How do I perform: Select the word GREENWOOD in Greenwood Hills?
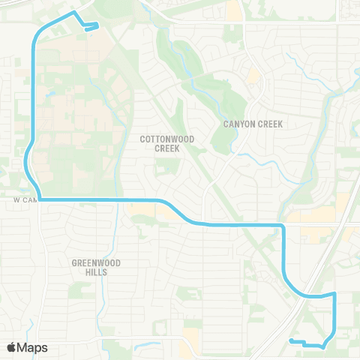[x=96, y=263]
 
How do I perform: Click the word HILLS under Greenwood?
[x=96, y=272]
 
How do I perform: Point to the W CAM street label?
[x=25, y=201]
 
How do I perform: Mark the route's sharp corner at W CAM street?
[x=39, y=199]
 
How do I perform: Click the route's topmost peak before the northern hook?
[x=73, y=13]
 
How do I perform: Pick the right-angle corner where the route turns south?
[x=283, y=225]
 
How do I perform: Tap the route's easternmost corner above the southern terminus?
[x=334, y=295]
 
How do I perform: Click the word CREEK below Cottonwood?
[x=167, y=148]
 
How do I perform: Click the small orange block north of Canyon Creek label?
[x=253, y=76]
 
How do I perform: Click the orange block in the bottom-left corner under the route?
[x=190, y=345]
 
